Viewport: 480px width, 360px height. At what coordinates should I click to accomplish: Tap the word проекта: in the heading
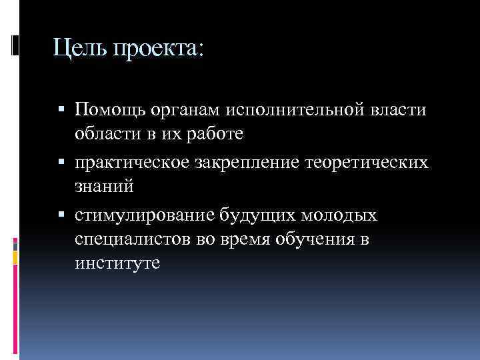click(159, 48)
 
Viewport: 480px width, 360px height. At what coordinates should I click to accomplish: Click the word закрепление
click(245, 163)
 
